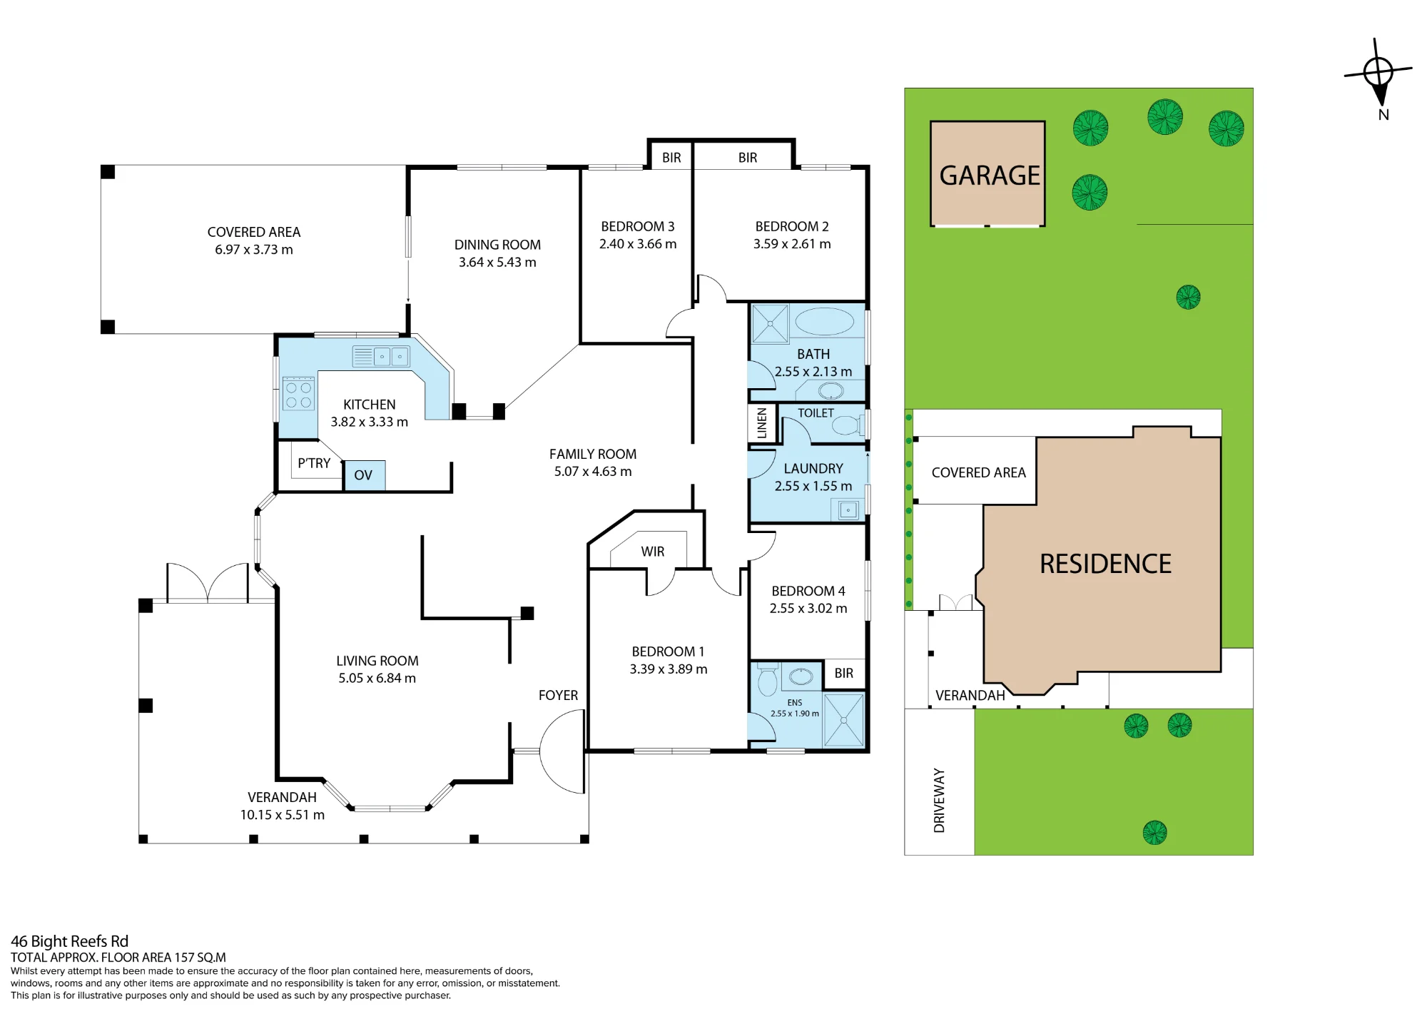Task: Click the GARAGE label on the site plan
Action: click(x=990, y=176)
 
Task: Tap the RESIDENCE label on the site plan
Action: click(x=1105, y=564)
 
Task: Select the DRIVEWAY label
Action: click(x=939, y=801)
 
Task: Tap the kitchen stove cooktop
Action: click(x=299, y=395)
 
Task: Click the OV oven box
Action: click(x=364, y=475)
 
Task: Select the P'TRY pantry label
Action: click(x=314, y=463)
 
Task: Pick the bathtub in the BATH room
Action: click(x=824, y=322)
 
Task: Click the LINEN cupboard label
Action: click(x=762, y=423)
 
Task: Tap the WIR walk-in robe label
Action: click(x=653, y=552)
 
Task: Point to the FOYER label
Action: click(x=558, y=695)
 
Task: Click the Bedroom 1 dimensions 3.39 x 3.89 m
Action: click(x=669, y=669)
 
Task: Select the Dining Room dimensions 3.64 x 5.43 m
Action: click(x=497, y=263)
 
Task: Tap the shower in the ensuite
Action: click(x=844, y=719)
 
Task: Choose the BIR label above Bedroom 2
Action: click(x=748, y=158)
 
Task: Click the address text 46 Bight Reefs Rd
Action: click(x=70, y=941)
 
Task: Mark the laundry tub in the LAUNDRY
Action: click(x=848, y=510)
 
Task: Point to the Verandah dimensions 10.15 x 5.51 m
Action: click(x=283, y=815)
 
